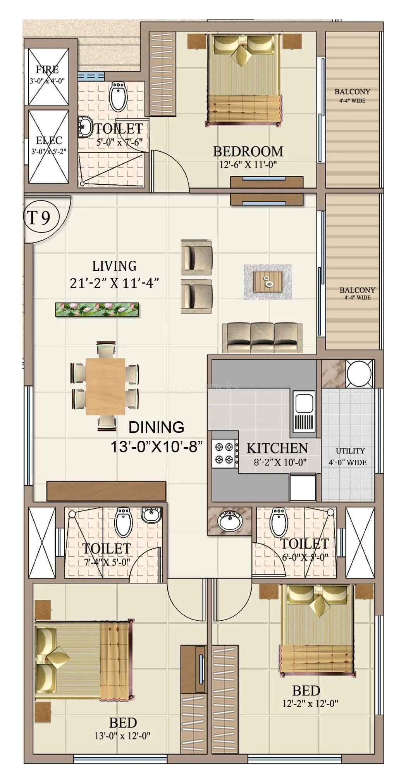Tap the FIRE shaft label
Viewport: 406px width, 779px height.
pos(47,70)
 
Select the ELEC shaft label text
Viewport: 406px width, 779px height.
pos(49,140)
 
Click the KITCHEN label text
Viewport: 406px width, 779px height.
pos(277,448)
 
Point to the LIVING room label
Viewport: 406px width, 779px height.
pos(114,266)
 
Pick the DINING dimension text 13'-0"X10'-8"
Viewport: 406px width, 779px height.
pos(157,447)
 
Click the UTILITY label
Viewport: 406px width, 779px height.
pos(350,451)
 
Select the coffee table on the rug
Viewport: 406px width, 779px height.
pos(268,282)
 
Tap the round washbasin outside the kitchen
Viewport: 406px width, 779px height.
pos(230,521)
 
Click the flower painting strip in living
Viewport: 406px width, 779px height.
pos(97,309)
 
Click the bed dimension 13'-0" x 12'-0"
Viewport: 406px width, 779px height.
pos(122,735)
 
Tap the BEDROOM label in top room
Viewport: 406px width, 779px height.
pos(248,151)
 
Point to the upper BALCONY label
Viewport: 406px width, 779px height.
pos(352,92)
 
